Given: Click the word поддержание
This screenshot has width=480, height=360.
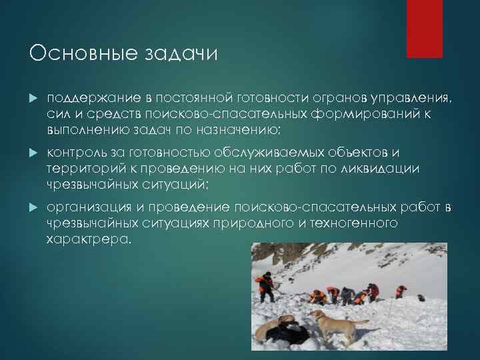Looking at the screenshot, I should [86, 99].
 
